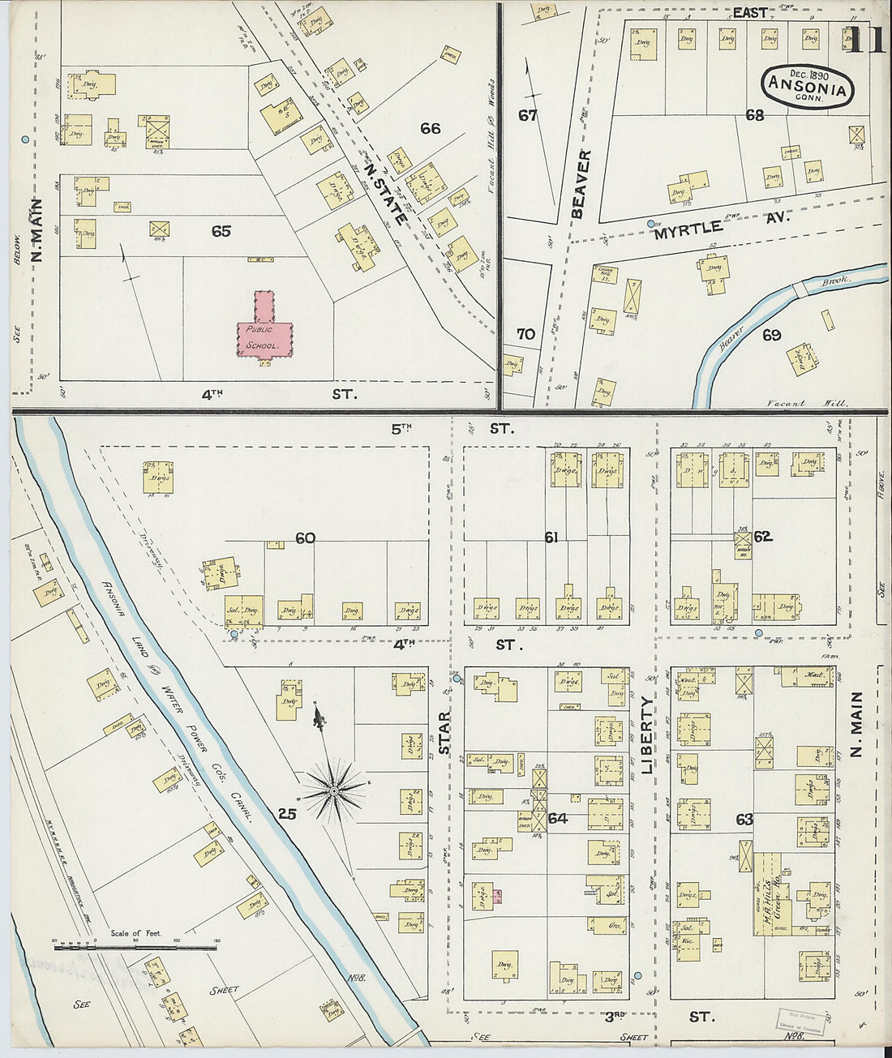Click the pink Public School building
coord(263,332)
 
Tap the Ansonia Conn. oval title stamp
coord(808,85)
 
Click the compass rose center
coord(333,789)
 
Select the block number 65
coord(221,231)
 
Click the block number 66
coord(430,128)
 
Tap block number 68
coord(754,115)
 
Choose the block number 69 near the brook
coord(770,334)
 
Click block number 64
coord(557,818)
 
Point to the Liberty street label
coord(646,736)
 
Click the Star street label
coord(444,733)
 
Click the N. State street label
coord(384,195)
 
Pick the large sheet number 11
coord(865,41)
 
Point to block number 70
coord(525,333)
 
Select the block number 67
coord(528,115)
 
